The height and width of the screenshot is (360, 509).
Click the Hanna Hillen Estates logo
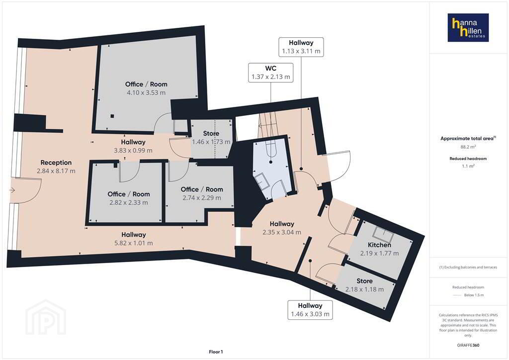468,27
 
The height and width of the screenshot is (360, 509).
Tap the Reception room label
56,163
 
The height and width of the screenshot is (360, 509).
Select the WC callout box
271,73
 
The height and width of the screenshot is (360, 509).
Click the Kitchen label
379,245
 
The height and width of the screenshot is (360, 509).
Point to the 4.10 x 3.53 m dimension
146,92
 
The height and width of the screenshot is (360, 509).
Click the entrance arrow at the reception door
12,190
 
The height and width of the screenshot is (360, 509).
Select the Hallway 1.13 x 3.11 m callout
301,47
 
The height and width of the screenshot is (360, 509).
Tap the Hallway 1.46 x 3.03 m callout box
310,310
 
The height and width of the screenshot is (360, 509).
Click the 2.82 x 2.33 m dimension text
129,202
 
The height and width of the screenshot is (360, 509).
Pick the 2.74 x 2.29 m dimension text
202,198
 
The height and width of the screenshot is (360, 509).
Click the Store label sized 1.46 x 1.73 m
211,133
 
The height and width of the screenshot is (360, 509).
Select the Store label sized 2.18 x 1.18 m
364,281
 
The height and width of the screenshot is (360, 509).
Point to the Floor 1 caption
216,352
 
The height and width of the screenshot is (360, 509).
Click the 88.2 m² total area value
468,147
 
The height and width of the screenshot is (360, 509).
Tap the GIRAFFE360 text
468,345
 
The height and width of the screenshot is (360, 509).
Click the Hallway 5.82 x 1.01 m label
133,239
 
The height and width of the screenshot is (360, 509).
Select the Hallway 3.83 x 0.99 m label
133,146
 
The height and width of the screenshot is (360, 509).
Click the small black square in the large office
112,116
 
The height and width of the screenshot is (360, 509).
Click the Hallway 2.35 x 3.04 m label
282,228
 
